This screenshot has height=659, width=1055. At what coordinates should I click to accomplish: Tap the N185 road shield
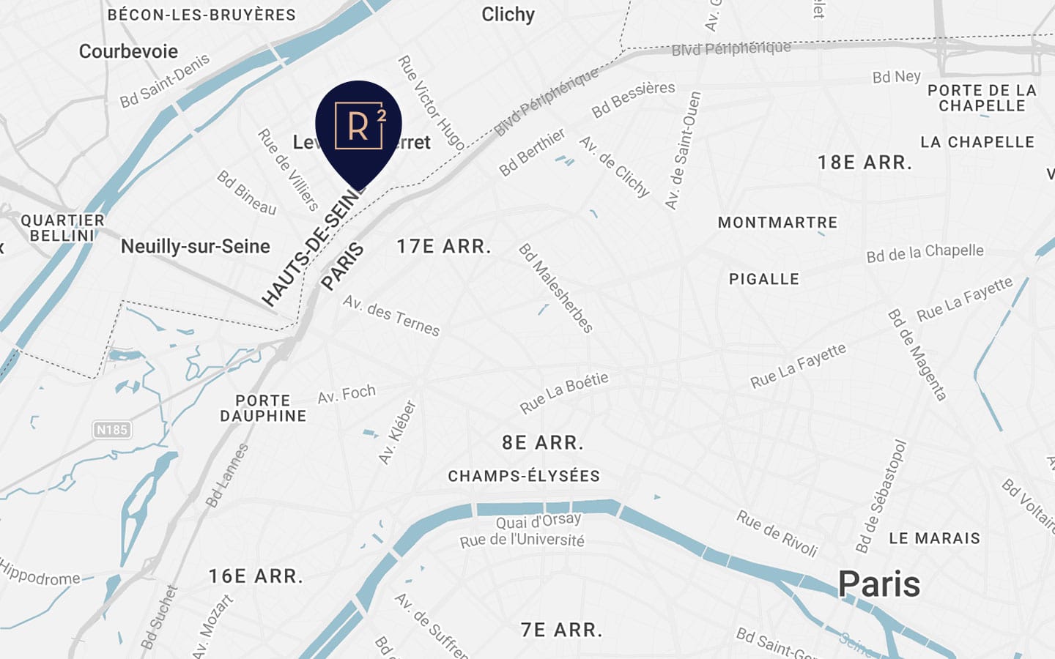112,430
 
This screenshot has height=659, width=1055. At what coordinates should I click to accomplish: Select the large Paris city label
878,584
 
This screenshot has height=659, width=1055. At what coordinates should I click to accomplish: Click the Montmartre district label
777,223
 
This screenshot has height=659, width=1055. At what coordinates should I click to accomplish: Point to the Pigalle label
764,279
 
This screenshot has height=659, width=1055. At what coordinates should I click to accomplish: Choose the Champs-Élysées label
524,476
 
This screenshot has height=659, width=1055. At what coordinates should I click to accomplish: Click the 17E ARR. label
444,247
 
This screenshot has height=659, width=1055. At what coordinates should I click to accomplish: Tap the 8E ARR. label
543,443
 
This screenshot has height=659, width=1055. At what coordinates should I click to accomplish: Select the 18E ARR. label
865,163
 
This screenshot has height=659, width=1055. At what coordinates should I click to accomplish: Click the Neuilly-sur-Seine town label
196,247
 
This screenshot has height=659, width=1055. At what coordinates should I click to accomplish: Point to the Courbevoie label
128,51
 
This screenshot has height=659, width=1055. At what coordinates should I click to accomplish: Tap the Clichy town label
508,15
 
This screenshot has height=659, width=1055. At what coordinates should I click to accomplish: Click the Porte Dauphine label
263,409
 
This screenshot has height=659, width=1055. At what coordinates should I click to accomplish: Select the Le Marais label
934,538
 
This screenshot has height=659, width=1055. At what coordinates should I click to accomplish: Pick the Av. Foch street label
347,395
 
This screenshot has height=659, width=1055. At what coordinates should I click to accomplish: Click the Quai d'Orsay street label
538,521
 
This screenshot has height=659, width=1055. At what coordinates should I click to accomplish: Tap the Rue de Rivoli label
777,534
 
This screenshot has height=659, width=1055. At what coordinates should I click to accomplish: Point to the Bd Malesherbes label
556,288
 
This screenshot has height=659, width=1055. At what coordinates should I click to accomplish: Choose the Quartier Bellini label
62,228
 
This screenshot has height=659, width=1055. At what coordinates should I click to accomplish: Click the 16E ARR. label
256,576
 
